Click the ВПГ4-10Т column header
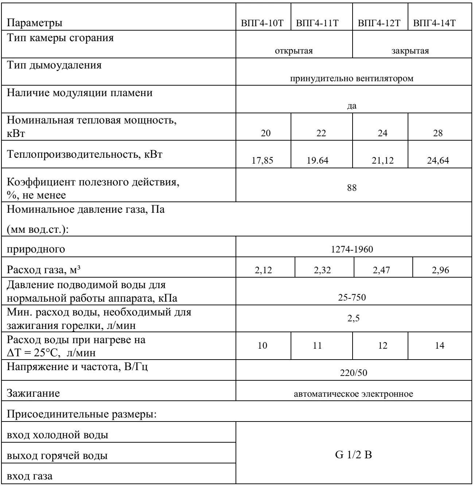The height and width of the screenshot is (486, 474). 263,24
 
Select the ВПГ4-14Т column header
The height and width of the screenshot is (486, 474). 440,24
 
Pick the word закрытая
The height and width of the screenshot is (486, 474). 410,51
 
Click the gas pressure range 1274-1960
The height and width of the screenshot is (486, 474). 352,250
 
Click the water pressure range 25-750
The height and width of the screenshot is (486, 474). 352,298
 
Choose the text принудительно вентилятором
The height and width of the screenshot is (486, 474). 352,79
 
